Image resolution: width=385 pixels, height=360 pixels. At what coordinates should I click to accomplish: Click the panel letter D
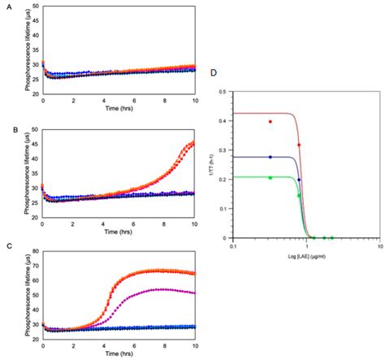(213, 72)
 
